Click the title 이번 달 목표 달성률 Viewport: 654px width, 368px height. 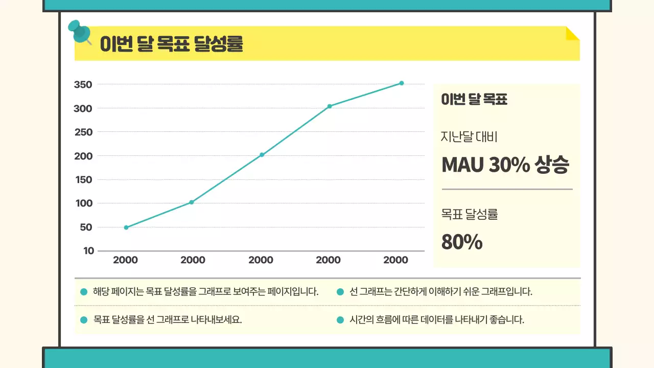click(171, 44)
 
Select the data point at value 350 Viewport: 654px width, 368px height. click(402, 83)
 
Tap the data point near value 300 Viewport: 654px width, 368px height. click(330, 106)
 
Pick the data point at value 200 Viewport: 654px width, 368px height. click(262, 154)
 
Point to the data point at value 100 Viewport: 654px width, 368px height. click(192, 202)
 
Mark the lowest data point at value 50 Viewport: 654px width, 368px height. click(126, 227)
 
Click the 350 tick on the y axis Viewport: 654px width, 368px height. click(83, 85)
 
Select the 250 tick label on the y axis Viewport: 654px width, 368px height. click(83, 132)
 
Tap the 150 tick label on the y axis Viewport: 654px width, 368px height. click(83, 180)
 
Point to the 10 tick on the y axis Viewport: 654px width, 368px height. click(88, 251)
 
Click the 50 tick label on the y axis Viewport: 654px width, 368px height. click(86, 227)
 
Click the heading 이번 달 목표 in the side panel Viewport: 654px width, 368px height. click(474, 100)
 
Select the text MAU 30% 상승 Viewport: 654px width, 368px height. click(505, 165)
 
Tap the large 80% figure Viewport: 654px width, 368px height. click(462, 242)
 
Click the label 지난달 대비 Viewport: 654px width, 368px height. click(469, 137)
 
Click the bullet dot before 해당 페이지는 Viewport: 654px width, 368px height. click(84, 292)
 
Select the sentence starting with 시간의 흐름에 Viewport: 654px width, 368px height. click(437, 320)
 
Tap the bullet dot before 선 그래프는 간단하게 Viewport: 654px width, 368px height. click(340, 292)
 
